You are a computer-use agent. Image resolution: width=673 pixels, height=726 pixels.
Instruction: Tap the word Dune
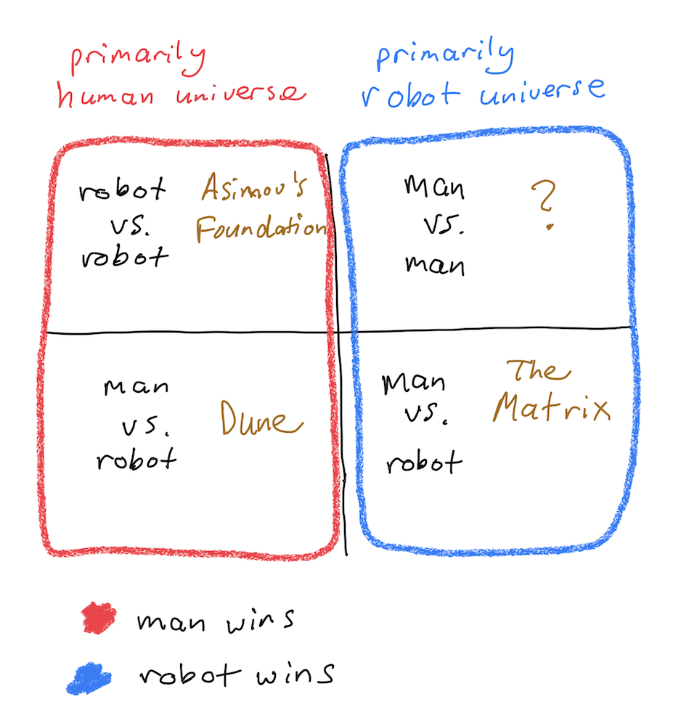[261, 418]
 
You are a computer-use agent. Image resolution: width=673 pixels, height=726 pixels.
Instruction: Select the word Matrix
[551, 407]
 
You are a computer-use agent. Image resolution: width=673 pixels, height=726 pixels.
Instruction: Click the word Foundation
[262, 228]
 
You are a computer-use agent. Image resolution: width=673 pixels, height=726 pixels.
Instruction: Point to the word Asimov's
[254, 187]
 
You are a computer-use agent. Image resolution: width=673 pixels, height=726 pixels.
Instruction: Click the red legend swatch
[98, 618]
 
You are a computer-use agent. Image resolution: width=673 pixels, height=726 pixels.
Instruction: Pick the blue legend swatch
[89, 679]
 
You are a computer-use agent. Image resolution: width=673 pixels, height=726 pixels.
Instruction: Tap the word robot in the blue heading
[411, 94]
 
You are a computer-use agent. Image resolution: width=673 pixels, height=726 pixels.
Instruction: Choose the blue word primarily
[445, 56]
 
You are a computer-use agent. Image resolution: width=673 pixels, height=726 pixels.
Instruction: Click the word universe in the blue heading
[542, 91]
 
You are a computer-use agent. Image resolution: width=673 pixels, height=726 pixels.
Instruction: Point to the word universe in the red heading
[241, 94]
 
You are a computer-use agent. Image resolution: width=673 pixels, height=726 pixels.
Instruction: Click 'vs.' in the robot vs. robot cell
[130, 226]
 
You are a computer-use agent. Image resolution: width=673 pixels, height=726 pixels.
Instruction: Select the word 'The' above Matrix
[539, 370]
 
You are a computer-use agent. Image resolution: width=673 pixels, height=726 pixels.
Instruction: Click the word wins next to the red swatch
[260, 621]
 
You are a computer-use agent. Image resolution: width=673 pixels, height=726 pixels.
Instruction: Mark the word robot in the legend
[190, 674]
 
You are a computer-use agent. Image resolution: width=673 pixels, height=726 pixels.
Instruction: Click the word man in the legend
[171, 622]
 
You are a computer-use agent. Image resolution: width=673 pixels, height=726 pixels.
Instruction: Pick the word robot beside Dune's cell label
[136, 459]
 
